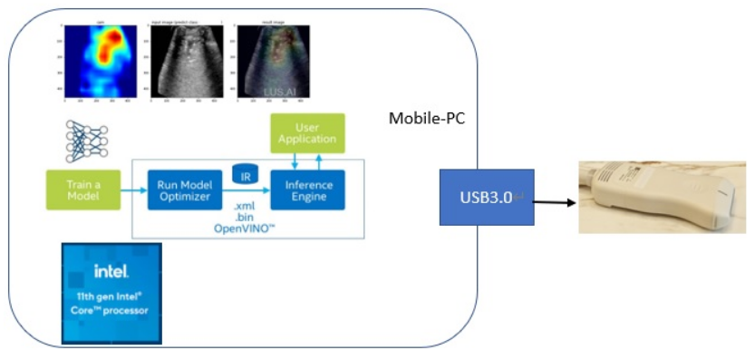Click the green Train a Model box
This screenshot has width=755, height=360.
77,190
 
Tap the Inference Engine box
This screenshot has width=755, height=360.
308,190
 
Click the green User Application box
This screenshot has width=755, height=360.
308,133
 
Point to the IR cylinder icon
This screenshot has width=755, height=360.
245,173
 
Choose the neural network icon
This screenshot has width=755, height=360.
87,141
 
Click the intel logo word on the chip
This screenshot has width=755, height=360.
111,270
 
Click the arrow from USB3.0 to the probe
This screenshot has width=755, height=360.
555,201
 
